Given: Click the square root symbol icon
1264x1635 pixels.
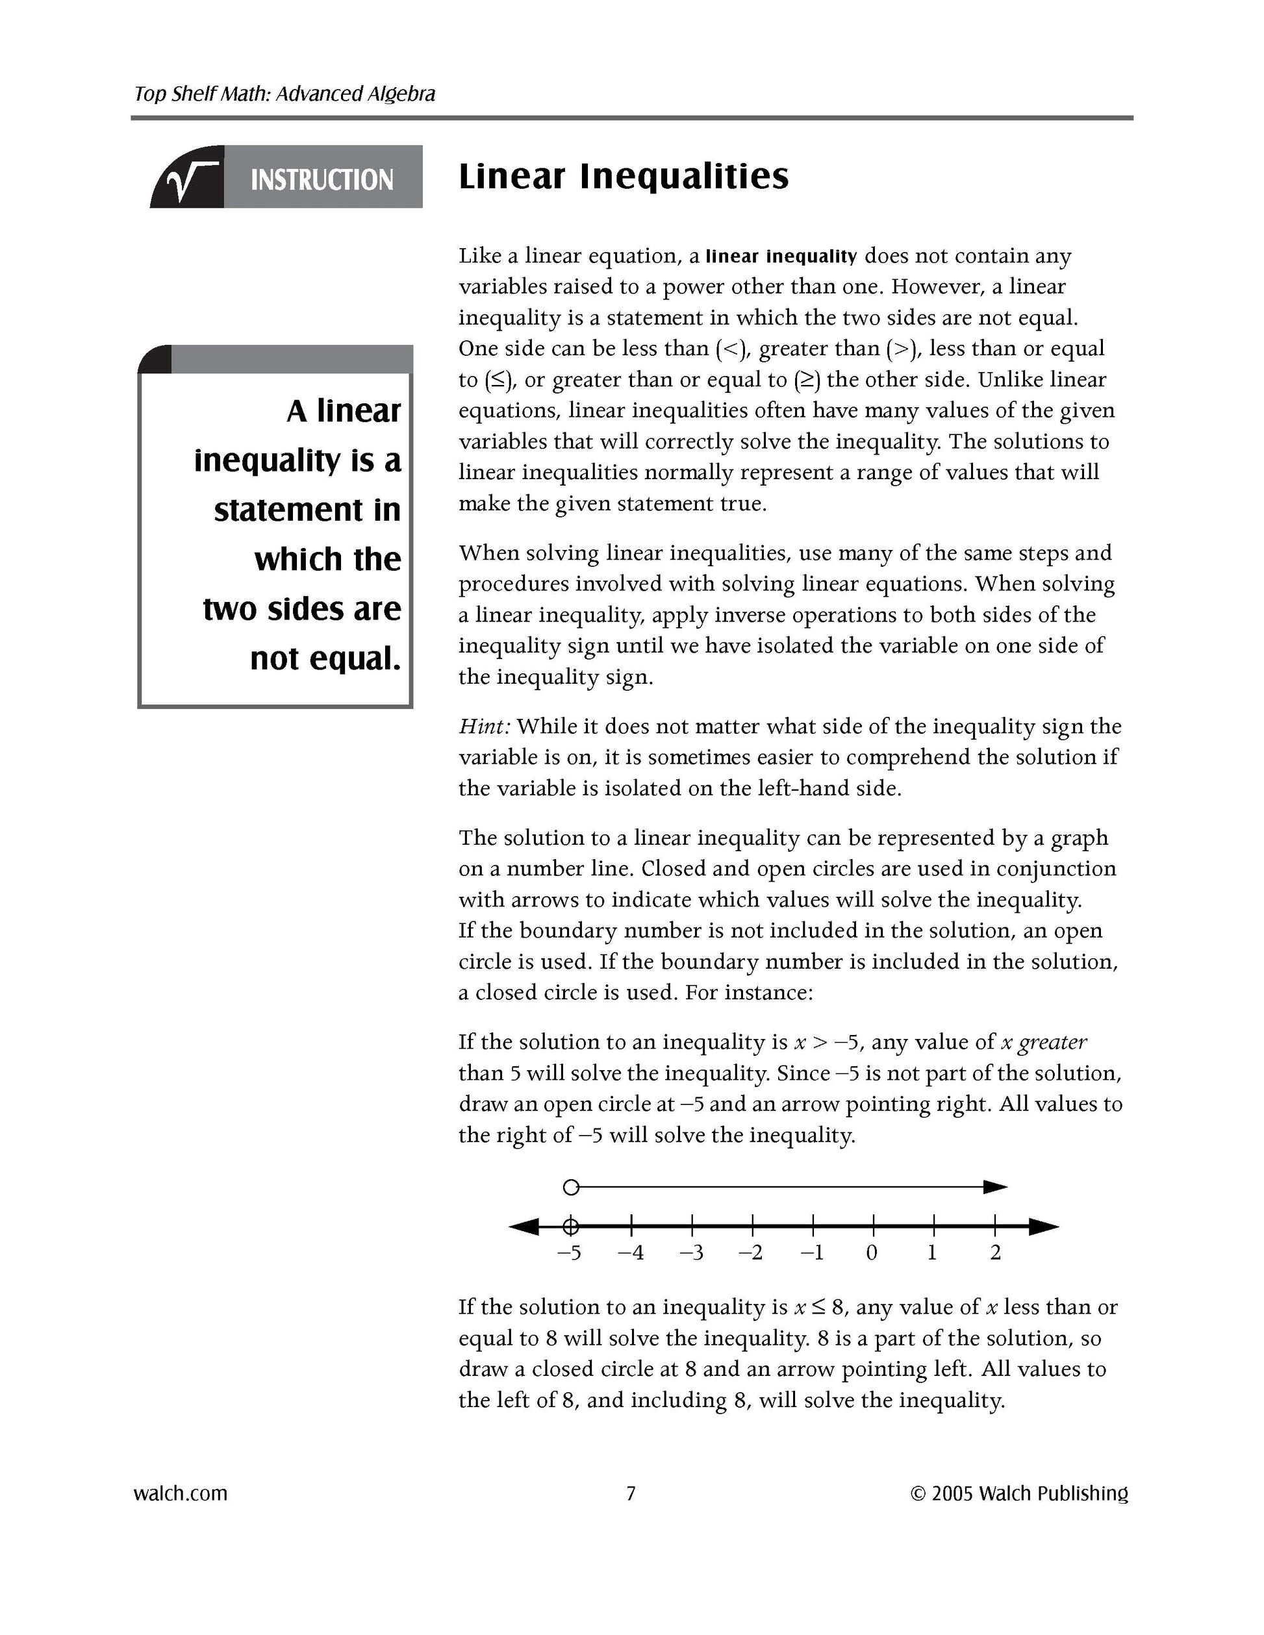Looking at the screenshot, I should tap(189, 180).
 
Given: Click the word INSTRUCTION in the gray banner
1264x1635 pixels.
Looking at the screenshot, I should tap(322, 181).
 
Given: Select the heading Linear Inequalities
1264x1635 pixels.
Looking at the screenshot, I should tap(623, 177).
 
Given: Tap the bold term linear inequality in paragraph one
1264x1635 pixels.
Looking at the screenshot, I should tap(781, 256).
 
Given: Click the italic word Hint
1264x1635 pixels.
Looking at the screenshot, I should tap(484, 726).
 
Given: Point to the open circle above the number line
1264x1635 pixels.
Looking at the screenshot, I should tap(570, 1186).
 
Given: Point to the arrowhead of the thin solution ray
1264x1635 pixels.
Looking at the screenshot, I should tap(995, 1186).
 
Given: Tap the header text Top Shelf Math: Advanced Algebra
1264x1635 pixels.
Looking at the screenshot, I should tap(284, 94).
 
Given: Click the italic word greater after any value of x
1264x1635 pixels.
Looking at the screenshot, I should tap(1053, 1042).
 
